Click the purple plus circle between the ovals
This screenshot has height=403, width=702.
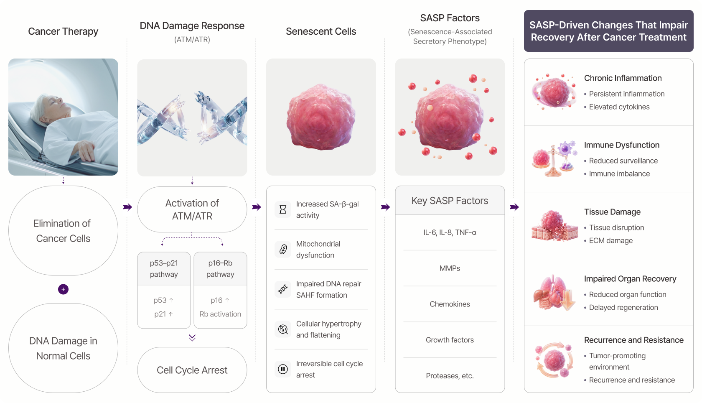63,289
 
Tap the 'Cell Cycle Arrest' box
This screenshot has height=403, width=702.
192,370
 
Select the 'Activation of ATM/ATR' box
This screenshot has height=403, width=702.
192,209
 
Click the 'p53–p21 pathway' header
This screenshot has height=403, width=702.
164,268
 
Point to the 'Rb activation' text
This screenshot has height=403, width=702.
220,314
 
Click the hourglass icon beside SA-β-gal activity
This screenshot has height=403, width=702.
282,209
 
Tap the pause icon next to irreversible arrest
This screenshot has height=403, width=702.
282,369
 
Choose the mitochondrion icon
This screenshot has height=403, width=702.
282,249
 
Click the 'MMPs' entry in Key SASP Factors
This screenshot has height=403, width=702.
450,268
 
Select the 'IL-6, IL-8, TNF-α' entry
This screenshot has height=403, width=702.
450,232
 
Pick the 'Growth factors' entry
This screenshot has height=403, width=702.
450,339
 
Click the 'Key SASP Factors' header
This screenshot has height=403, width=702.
450,200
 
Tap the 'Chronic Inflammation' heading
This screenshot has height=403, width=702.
623,78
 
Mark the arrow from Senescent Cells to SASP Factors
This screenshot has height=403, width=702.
385,207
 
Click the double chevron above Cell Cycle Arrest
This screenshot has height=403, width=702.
192,337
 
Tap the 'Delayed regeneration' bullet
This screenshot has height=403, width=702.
621,307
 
